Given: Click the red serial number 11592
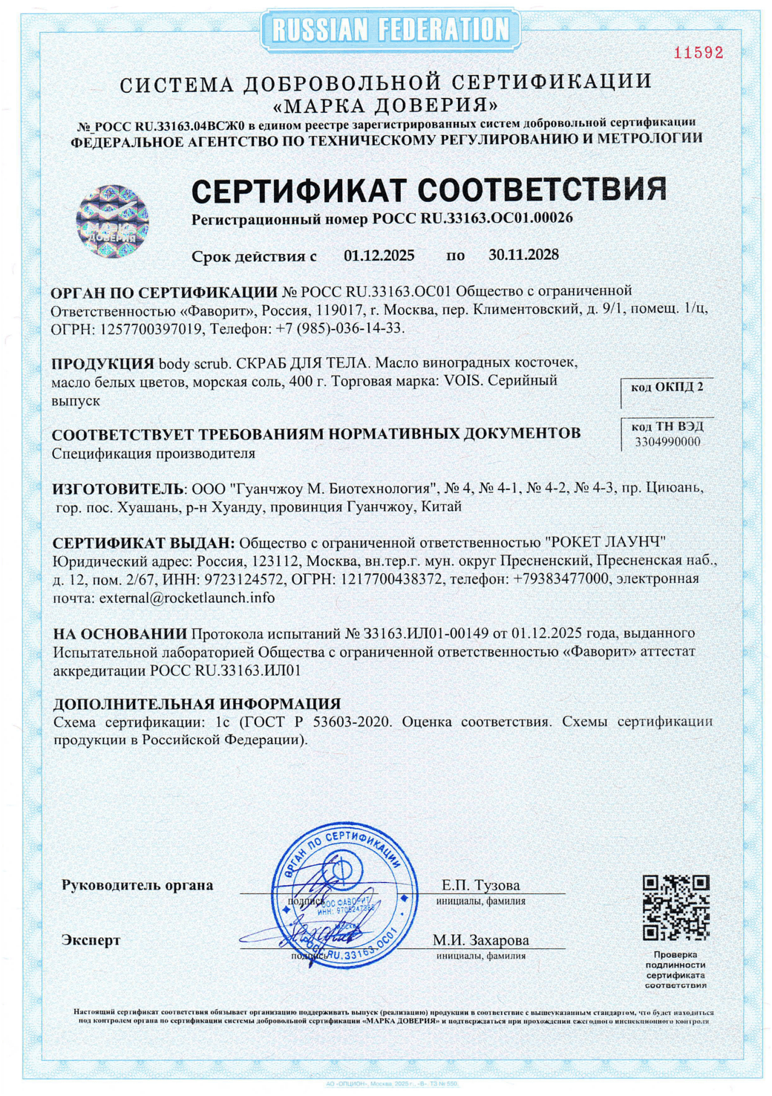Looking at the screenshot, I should (698, 53).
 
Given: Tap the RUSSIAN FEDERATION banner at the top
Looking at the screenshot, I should (390, 30).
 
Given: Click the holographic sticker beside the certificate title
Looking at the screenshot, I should (113, 221).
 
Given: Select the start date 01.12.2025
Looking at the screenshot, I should (379, 255).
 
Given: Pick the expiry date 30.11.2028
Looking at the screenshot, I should (523, 255).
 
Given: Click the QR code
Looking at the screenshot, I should (675, 907).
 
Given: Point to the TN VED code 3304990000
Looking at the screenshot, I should (667, 442).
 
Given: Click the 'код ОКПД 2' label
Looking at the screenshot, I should (667, 387).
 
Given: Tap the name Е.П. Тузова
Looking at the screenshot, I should (480, 885).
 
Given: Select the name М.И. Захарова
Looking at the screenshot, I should (480, 940).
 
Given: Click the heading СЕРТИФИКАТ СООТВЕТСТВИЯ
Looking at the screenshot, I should (428, 191).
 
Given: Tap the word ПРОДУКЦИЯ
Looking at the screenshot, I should (102, 364).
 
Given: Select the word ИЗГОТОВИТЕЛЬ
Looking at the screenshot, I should (117, 489).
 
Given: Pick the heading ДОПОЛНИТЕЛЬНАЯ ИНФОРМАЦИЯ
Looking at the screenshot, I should (197, 703).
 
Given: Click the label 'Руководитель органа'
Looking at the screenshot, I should (137, 885).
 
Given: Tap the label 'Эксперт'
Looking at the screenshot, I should (91, 940).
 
